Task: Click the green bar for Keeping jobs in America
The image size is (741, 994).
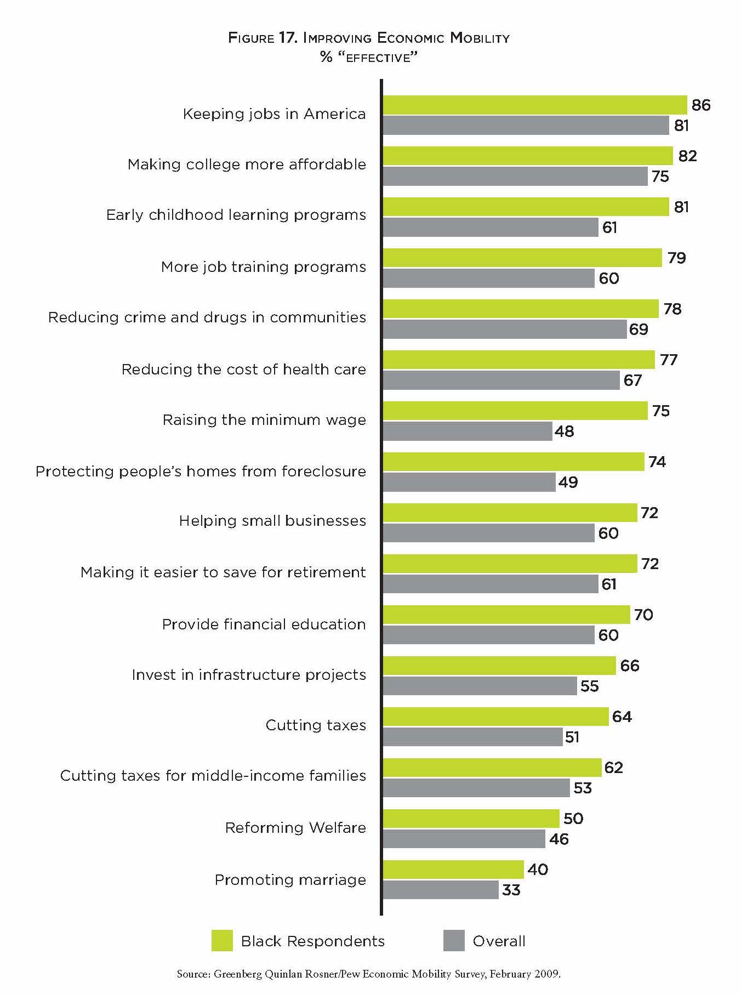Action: click(x=534, y=105)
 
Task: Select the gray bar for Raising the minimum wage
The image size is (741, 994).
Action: click(x=467, y=431)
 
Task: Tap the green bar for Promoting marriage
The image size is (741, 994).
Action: click(x=453, y=870)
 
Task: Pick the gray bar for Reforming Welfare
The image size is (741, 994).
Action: click(x=464, y=839)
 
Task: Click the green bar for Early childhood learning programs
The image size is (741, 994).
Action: click(x=526, y=207)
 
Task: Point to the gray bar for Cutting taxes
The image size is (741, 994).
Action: click(x=472, y=737)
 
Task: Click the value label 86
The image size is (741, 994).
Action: click(x=700, y=105)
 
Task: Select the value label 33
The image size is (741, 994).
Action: click(x=511, y=890)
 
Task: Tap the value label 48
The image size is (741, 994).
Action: click(x=564, y=431)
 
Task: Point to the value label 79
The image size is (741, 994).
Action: click(x=676, y=258)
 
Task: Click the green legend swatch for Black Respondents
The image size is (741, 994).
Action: click(x=222, y=940)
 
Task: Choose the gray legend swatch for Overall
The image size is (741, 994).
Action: click(x=454, y=940)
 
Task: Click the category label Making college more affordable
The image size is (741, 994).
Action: click(x=247, y=164)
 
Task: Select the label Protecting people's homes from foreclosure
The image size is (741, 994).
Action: click(x=201, y=471)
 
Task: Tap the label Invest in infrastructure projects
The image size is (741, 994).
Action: click(x=249, y=674)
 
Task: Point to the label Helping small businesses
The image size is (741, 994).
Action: click(x=272, y=520)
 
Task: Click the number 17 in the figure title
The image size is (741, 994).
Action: click(x=286, y=38)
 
